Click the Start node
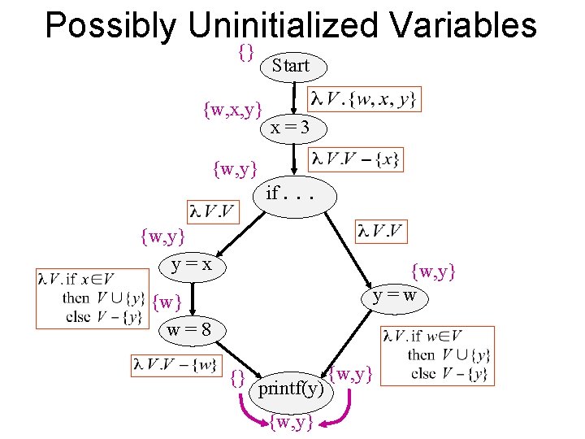(291, 66)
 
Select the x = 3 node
(289, 128)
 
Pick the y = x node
(192, 264)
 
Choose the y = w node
(395, 294)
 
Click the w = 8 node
(188, 330)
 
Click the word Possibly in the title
(110, 26)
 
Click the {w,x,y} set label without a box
(232, 108)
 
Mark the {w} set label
(167, 303)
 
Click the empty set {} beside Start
(247, 51)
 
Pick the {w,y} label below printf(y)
(292, 422)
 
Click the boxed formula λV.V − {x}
(356, 159)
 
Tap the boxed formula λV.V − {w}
(175, 364)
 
